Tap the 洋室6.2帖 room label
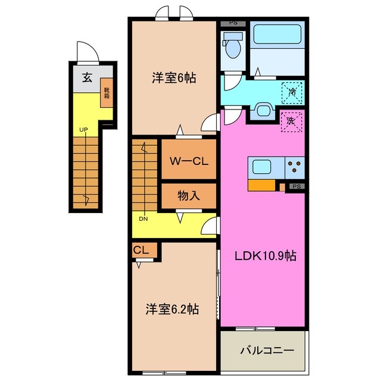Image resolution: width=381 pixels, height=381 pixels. pyautogui.click(x=173, y=310)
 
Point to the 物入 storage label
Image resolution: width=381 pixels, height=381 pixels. pyautogui.click(x=188, y=195)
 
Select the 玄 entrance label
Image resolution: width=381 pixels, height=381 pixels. pyautogui.click(x=87, y=77)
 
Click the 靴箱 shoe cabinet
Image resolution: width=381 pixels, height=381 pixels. pyautogui.click(x=107, y=93)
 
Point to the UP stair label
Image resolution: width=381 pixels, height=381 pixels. pyautogui.click(x=83, y=129)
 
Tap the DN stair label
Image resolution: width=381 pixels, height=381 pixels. pyautogui.click(x=143, y=218)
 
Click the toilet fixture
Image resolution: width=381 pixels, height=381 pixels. pyautogui.click(x=230, y=46)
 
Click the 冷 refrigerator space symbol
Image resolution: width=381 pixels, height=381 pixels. pyautogui.click(x=292, y=92)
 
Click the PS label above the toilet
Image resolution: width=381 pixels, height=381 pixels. pyautogui.click(x=233, y=23)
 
